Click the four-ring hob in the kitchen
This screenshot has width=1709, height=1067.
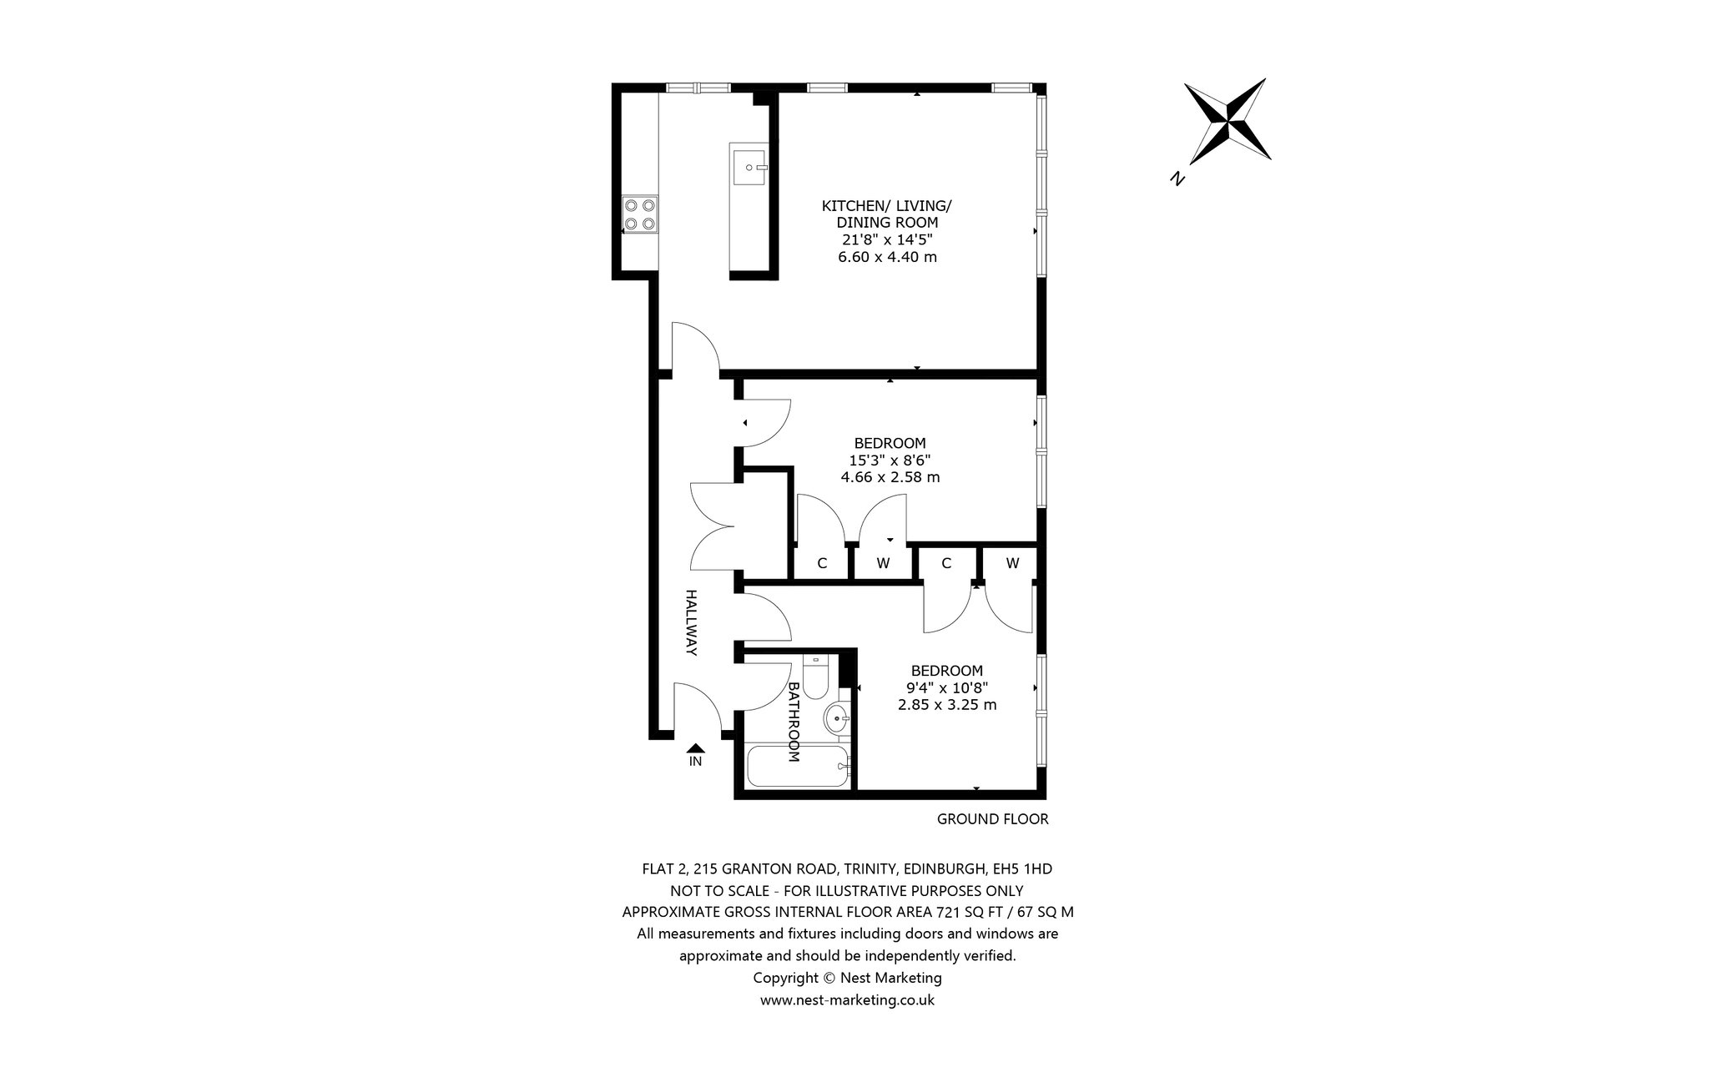[x=640, y=214]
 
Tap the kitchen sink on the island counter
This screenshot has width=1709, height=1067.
[x=749, y=167]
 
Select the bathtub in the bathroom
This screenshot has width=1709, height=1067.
[x=799, y=766]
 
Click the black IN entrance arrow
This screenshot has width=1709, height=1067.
[x=695, y=749]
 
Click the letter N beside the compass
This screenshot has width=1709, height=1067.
[x=1178, y=178]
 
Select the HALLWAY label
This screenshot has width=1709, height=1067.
[x=691, y=622]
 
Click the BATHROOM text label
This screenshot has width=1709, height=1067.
[x=794, y=722]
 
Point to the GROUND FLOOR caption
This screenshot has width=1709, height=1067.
[x=992, y=819]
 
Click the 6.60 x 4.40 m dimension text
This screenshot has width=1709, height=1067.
[x=887, y=257]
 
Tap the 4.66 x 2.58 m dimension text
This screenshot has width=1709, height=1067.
[x=890, y=477]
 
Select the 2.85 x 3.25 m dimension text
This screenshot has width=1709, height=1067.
[x=946, y=704]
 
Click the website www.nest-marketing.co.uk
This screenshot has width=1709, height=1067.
[x=847, y=999]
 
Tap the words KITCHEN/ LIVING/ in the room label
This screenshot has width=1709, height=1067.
[x=886, y=205]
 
